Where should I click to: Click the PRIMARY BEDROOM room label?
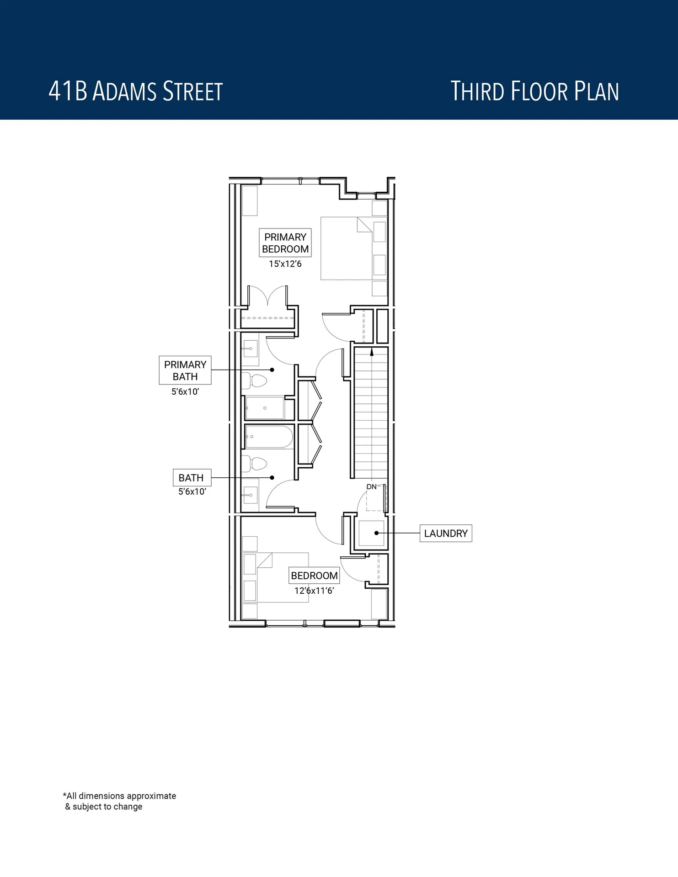point(285,243)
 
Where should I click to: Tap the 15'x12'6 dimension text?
point(285,264)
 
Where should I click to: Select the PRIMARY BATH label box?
point(185,370)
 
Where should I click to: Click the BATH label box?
point(191,478)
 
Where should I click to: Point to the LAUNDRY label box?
point(446,534)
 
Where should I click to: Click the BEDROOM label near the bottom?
point(314,576)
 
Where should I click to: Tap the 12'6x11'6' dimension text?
point(314,591)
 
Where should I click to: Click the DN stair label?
point(372,487)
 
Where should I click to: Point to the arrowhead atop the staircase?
point(372,352)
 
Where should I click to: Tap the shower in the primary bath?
point(265,408)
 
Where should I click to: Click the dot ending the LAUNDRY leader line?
point(376,533)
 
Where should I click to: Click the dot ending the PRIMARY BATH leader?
point(272,370)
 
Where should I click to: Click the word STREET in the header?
point(192,91)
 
